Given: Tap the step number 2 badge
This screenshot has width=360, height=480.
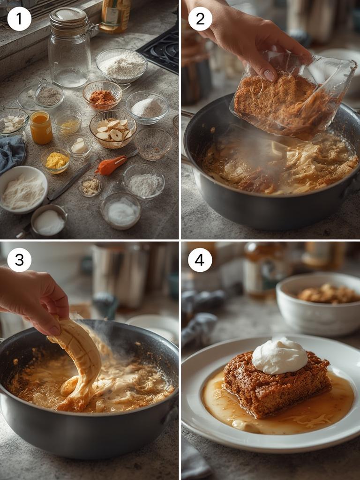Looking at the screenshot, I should (x=200, y=19).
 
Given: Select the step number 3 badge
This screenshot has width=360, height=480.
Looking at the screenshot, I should (x=19, y=260).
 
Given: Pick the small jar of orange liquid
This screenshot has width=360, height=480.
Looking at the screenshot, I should (x=41, y=127).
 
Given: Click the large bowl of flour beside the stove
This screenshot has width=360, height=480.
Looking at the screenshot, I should (x=121, y=66).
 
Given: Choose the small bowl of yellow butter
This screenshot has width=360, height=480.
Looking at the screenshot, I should (x=56, y=160).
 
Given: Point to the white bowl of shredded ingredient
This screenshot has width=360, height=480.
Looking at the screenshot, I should (x=23, y=190).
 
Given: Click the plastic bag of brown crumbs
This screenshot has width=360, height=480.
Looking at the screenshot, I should (x=291, y=101).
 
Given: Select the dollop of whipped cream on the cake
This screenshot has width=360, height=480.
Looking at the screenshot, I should (x=280, y=356).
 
